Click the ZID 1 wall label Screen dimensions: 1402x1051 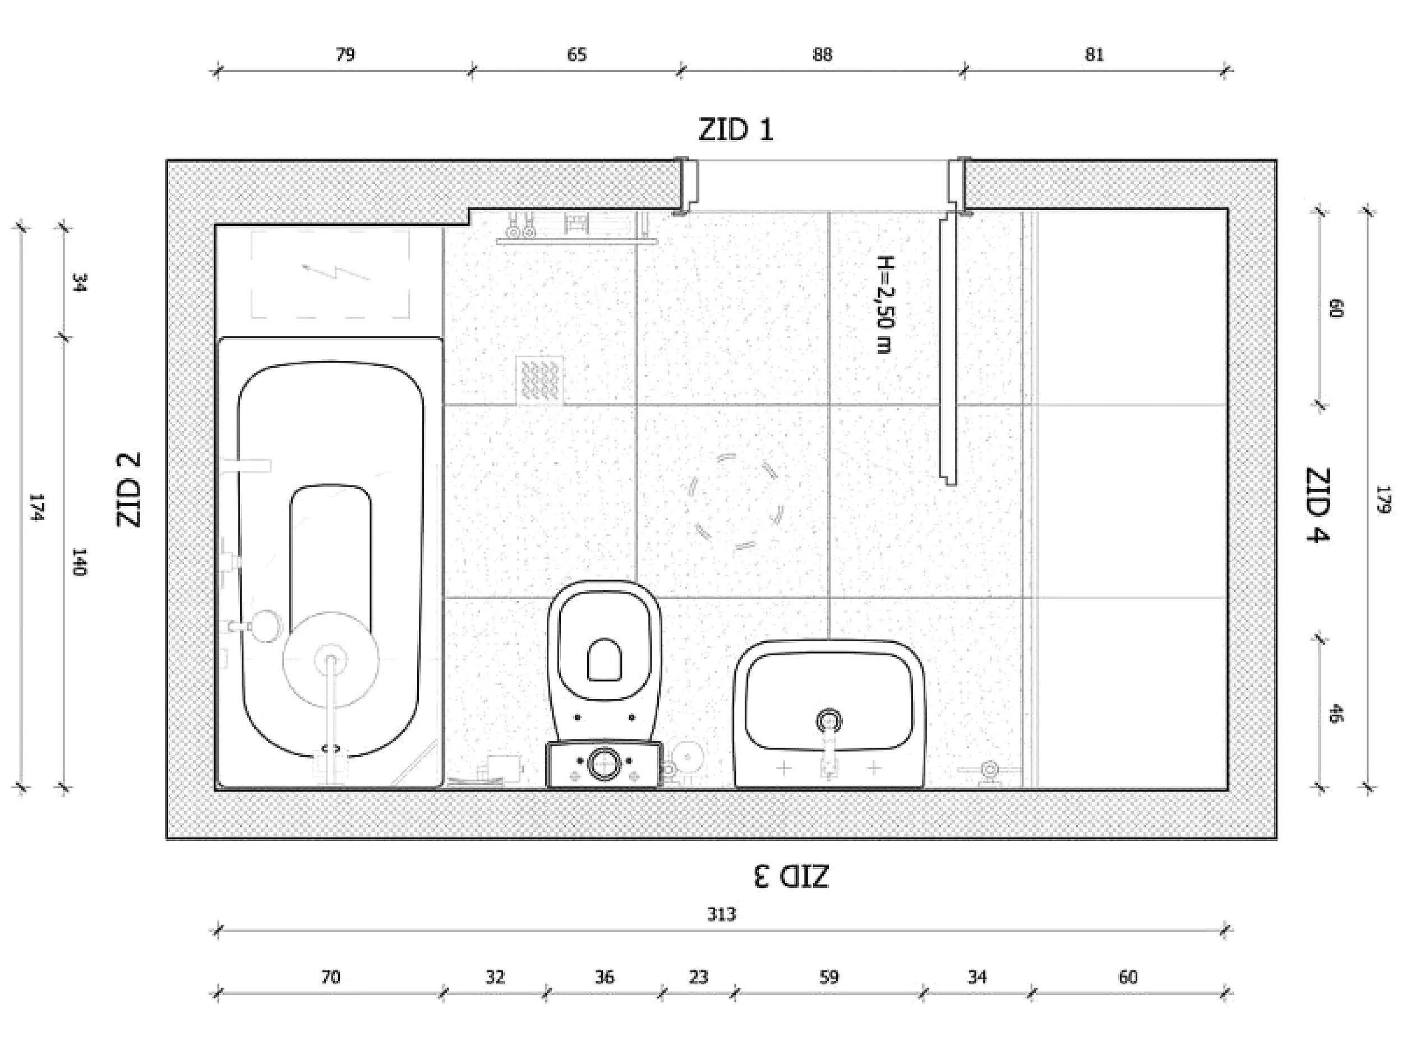pyautogui.click(x=736, y=131)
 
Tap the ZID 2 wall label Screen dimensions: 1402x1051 pyautogui.click(x=128, y=489)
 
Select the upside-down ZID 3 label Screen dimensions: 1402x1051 pyautogui.click(x=791, y=877)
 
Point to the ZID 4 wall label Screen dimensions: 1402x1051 pyautogui.click(x=1318, y=505)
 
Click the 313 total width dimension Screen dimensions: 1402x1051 pyautogui.click(x=721, y=914)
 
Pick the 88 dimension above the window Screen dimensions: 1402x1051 pyautogui.click(x=822, y=54)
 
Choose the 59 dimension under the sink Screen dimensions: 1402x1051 pyautogui.click(x=828, y=977)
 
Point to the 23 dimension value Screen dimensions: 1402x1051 pyautogui.click(x=698, y=977)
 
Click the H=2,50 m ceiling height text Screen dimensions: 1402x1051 pyautogui.click(x=885, y=304)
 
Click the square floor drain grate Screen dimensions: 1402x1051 pyautogui.click(x=539, y=379)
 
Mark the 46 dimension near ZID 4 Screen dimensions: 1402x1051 pyautogui.click(x=1335, y=714)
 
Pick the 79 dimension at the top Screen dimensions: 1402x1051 pyautogui.click(x=345, y=54)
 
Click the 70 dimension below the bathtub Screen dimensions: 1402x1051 pyautogui.click(x=330, y=977)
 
